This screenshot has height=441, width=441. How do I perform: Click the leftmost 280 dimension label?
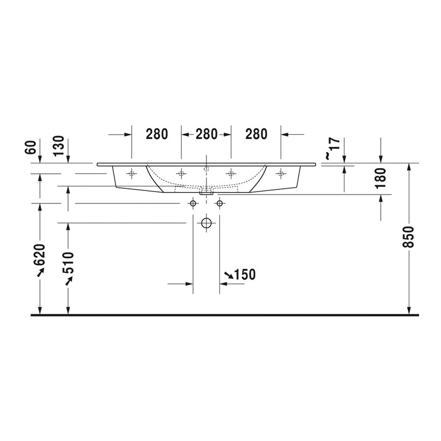pyautogui.click(x=157, y=134)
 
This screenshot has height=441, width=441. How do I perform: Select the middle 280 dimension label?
pyautogui.click(x=206, y=134)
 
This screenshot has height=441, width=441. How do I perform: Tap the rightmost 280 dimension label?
pyautogui.click(x=256, y=134)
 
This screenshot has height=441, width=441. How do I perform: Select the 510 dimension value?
pyautogui.click(x=68, y=263)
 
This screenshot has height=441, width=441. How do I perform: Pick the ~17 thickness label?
pyautogui.click(x=331, y=148)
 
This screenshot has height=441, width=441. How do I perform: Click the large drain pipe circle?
pyautogui.click(x=206, y=224)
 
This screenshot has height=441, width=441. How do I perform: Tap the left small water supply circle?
pyautogui.click(x=193, y=203)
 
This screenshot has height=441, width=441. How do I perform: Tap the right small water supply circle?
pyautogui.click(x=219, y=203)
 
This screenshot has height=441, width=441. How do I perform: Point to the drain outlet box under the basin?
pyautogui.click(x=206, y=191)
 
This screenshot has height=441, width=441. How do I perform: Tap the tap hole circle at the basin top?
pyautogui.click(x=206, y=168)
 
